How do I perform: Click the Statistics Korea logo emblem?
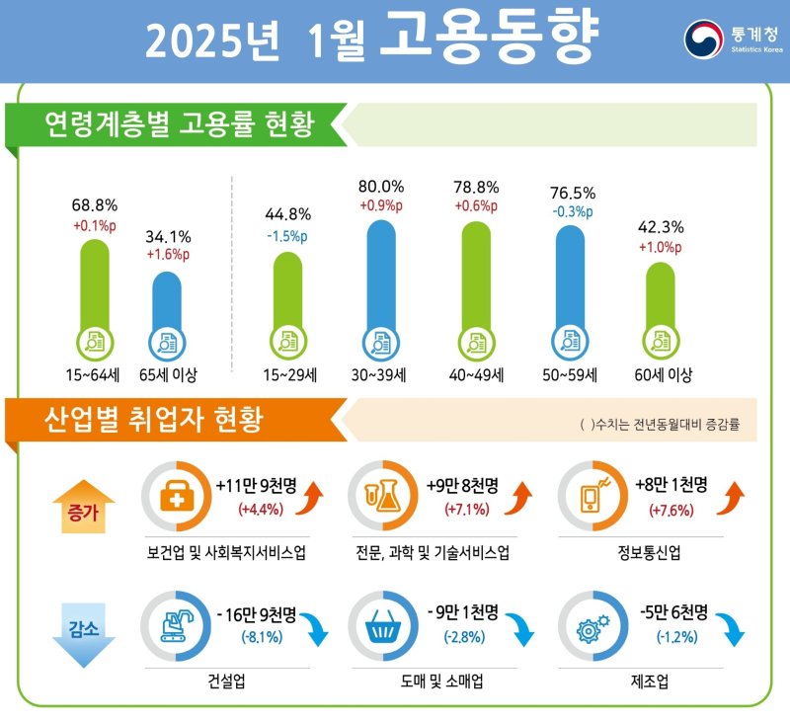(704, 38)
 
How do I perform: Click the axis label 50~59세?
(570, 375)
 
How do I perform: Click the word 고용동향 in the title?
(488, 39)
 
